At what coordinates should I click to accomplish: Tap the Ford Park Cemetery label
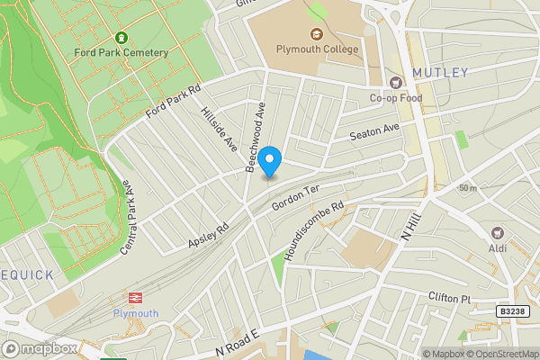(122, 52)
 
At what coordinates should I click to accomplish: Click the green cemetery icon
(122, 39)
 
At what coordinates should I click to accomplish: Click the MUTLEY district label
(440, 72)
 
